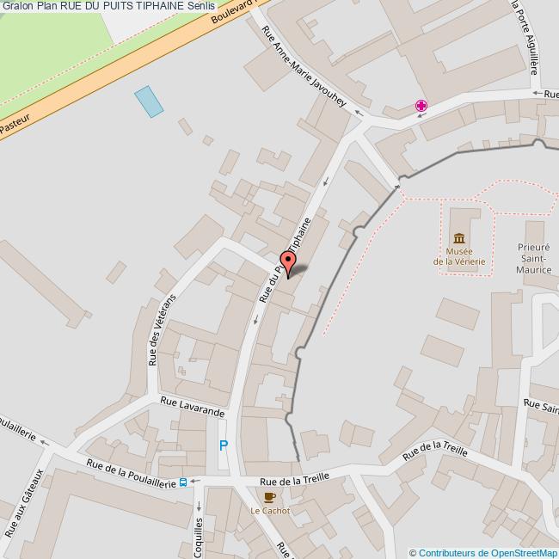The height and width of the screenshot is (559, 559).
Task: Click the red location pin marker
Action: coord(287,261)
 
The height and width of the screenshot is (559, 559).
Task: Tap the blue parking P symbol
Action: coord(224,446)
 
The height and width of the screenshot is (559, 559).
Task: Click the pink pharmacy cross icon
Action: coord(421,107)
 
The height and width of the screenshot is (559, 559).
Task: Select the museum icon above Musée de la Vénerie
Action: coord(459,237)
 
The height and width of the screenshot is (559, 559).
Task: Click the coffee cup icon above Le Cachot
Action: coord(269,497)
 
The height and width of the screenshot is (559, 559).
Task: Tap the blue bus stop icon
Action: coord(182,482)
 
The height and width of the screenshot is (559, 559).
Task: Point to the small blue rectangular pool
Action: coord(148,101)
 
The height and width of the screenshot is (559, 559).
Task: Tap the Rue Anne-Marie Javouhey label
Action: coord(307,70)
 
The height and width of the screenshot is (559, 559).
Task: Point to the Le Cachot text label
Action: coord(270,511)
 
